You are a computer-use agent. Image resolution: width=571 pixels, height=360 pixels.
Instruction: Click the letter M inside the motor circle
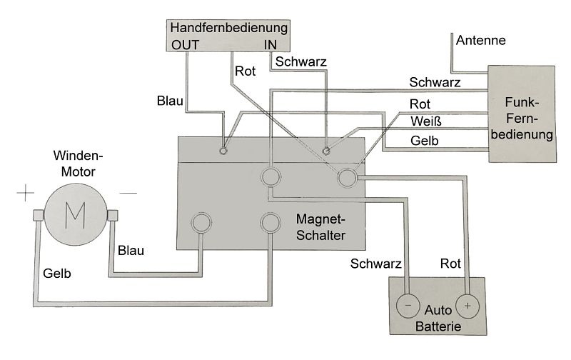coord(75,215)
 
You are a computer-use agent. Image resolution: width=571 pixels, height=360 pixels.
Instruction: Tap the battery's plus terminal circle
coord(468,306)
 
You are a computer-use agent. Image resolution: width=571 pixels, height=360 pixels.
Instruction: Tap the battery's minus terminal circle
coord(408,306)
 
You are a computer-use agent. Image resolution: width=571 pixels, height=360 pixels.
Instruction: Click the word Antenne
coord(480,40)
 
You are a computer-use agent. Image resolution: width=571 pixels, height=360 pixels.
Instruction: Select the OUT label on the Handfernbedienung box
coord(185,45)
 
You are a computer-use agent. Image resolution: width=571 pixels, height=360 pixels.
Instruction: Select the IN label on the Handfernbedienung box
coord(271,45)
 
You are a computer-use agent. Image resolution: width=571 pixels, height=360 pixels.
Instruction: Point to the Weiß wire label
coord(425,121)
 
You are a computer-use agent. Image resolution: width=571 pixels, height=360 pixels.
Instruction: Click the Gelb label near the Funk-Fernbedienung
coord(424,141)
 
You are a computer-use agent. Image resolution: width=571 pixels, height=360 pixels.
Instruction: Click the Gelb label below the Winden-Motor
coord(57,274)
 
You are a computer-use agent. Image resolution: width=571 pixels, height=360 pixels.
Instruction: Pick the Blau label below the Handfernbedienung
coord(170,101)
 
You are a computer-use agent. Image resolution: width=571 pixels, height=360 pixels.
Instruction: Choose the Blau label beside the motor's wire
coord(131,251)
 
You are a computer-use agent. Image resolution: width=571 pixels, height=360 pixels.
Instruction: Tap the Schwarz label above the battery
coord(376,264)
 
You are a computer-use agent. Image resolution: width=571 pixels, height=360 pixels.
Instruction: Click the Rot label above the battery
coord(450,264)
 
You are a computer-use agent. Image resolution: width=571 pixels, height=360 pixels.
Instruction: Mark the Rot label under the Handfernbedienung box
coord(245,71)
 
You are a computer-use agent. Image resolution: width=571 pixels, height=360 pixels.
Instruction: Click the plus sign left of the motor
coord(26,193)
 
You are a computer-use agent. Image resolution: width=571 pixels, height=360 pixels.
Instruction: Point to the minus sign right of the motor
coord(128,193)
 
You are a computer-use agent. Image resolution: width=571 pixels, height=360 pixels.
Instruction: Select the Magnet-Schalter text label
coord(320,227)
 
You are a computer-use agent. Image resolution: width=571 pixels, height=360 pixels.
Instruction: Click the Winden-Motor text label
coord(78,164)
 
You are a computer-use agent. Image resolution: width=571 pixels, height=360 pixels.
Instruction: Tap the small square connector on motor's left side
coord(39,216)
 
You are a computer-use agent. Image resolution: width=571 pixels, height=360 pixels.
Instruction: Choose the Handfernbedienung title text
coord(228,28)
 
